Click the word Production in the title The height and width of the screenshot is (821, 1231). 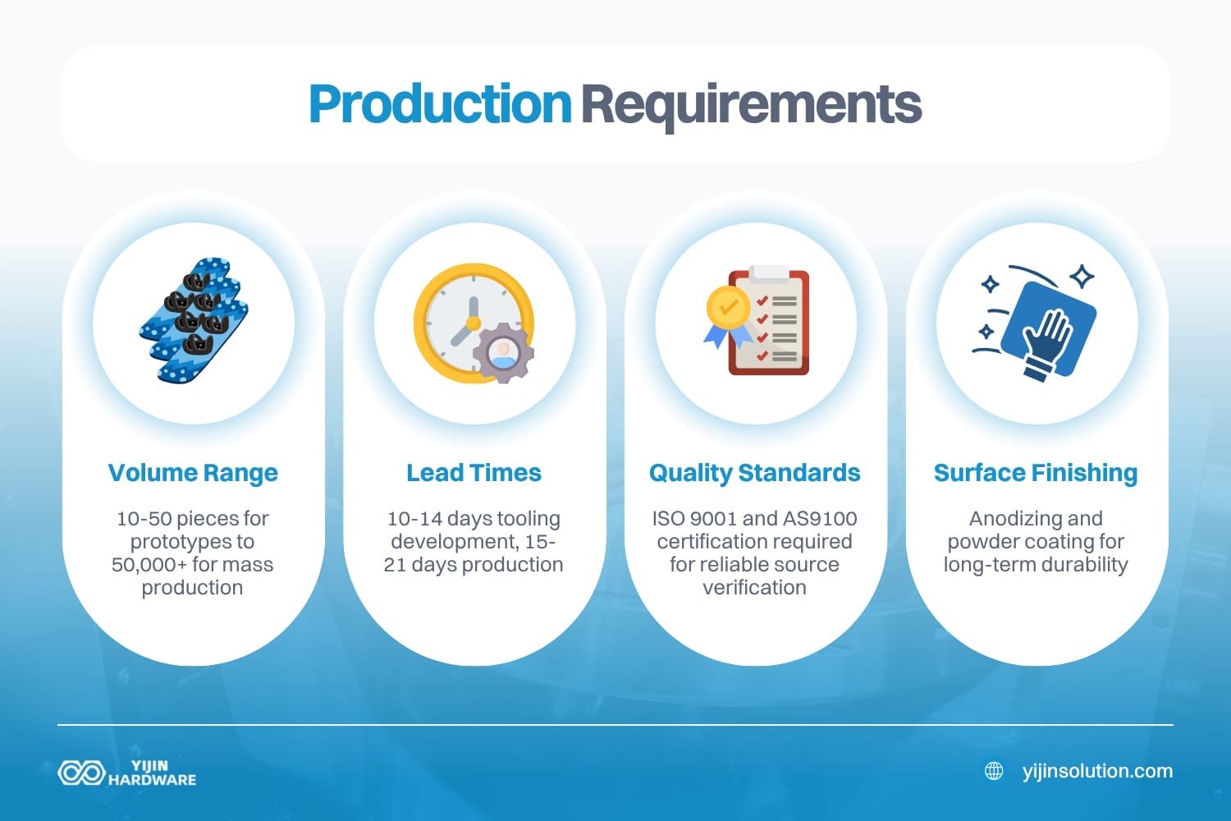(x=440, y=104)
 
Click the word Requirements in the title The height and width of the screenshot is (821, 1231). (x=751, y=104)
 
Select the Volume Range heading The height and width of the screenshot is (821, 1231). (x=193, y=473)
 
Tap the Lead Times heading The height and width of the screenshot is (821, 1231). (x=474, y=473)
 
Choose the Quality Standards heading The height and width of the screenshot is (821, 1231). (x=754, y=473)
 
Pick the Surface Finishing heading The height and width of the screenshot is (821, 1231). (x=1035, y=473)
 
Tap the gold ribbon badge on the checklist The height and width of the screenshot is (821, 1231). (x=727, y=311)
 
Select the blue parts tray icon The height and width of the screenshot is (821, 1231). (x=194, y=320)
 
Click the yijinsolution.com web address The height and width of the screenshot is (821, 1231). (x=1097, y=771)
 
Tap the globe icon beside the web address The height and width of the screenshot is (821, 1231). (x=994, y=771)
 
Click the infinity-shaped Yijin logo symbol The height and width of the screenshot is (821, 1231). (x=81, y=773)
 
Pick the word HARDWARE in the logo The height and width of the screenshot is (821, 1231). (x=153, y=780)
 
